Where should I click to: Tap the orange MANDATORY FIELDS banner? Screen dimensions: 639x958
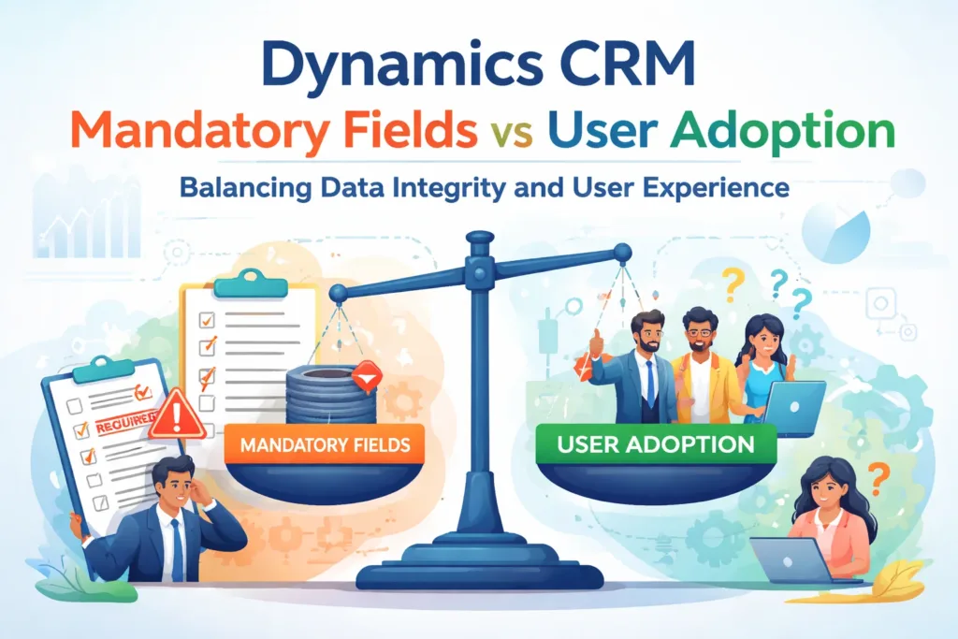click(x=325, y=443)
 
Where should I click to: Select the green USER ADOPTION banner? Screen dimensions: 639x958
click(x=655, y=443)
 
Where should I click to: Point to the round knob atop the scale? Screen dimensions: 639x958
click(x=479, y=241)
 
